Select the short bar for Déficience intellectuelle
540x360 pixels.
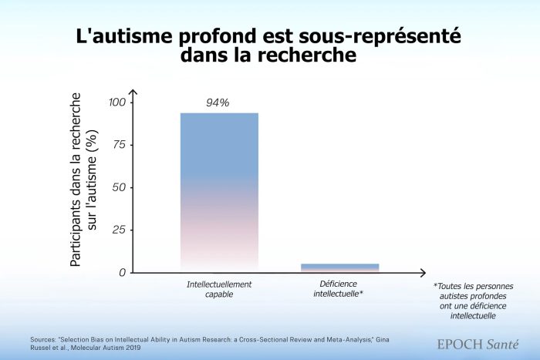[x=340, y=267]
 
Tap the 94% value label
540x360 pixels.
[x=218, y=103]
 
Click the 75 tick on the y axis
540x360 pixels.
[x=120, y=145]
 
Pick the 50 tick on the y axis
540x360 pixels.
[x=120, y=187]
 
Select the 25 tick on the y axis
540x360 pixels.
[x=120, y=230]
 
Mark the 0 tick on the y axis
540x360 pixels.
[x=122, y=272]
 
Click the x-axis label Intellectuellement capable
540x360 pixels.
[x=219, y=289]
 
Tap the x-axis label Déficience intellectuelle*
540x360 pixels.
[x=340, y=289]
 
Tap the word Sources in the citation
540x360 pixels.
[x=47, y=339]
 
